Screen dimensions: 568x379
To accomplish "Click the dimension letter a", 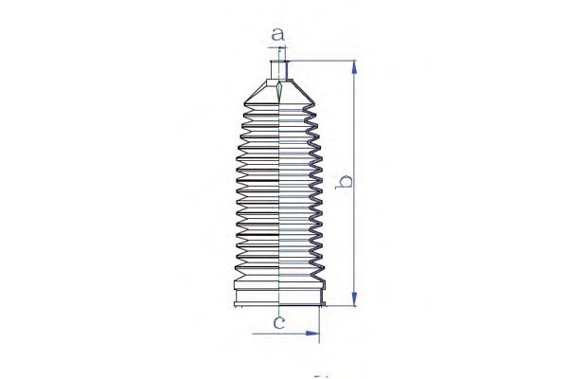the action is [x=277, y=34].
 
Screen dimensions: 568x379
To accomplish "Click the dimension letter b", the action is [x=344, y=181].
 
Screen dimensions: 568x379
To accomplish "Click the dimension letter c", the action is [x=279, y=322].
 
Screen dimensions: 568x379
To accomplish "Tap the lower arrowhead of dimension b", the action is [x=354, y=298].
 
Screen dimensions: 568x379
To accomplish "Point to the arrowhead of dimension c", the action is [x=312, y=334].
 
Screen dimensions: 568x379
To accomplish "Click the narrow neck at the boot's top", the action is [x=279, y=70].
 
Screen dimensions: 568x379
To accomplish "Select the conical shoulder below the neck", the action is [x=279, y=92].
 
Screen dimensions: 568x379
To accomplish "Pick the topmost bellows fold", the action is [x=279, y=107].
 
